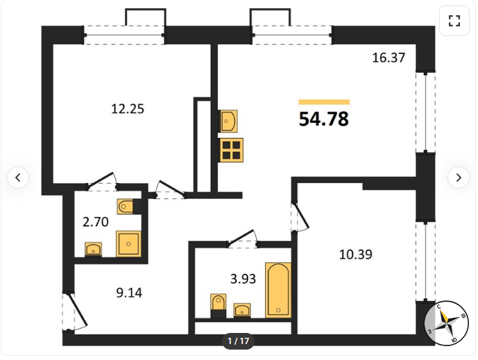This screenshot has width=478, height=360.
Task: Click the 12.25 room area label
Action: click(x=128, y=109)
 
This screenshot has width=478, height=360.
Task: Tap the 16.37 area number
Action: click(x=389, y=58)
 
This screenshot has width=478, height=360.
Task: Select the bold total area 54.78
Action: click(x=324, y=119)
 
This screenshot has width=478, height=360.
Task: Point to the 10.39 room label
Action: click(x=356, y=255)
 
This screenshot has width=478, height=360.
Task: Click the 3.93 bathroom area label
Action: click(x=243, y=279)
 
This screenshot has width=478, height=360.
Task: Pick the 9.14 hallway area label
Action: click(x=129, y=293)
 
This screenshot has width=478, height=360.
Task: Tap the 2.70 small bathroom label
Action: click(x=96, y=222)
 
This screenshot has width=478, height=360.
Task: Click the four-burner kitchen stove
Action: click(x=231, y=150)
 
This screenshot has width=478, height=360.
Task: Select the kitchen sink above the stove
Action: click(x=228, y=121)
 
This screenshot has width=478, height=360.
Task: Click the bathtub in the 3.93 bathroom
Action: click(x=278, y=290)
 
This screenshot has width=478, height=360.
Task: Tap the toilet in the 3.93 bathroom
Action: click(x=219, y=305)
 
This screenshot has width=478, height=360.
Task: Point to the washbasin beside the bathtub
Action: click(x=242, y=310)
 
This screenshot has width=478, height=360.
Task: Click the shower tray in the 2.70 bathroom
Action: click(x=128, y=243)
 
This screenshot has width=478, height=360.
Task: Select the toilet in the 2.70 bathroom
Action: click(x=129, y=207)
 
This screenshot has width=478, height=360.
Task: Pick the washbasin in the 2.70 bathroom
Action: click(x=93, y=250)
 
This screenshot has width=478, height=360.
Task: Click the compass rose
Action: click(x=447, y=323)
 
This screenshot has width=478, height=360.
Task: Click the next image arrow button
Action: click(x=459, y=178)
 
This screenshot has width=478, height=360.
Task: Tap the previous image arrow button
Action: click(x=18, y=178)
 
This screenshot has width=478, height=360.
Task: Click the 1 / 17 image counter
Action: click(x=239, y=341)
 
